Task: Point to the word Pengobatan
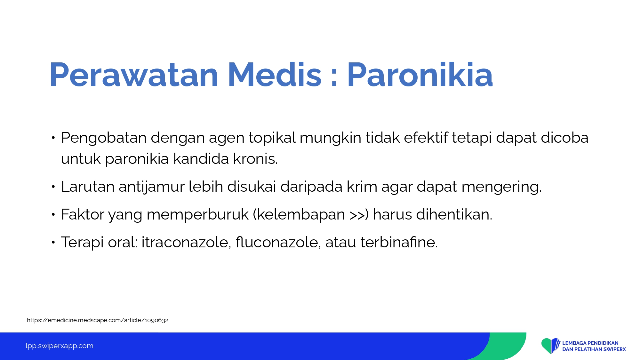click(104, 138)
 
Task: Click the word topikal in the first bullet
click(272, 138)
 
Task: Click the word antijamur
click(152, 187)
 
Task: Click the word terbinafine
click(399, 242)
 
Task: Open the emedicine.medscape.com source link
click(98, 320)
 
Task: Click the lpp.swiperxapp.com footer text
click(60, 346)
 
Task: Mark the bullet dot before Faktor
click(53, 215)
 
